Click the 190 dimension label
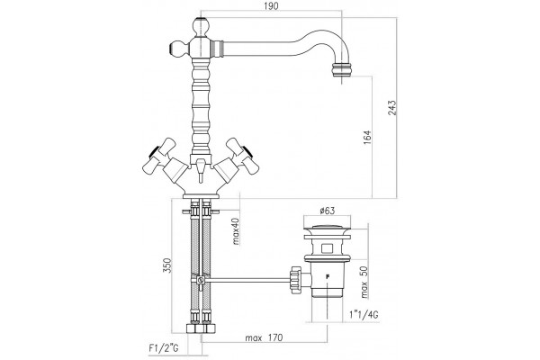click(x=272, y=6)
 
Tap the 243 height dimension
click(x=392, y=108)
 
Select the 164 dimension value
click(x=367, y=137)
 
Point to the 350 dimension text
click(x=166, y=265)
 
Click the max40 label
click(x=236, y=230)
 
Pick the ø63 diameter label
click(x=327, y=211)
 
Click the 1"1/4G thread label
click(x=364, y=314)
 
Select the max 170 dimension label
click(x=264, y=337)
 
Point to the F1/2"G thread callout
click(x=164, y=348)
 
